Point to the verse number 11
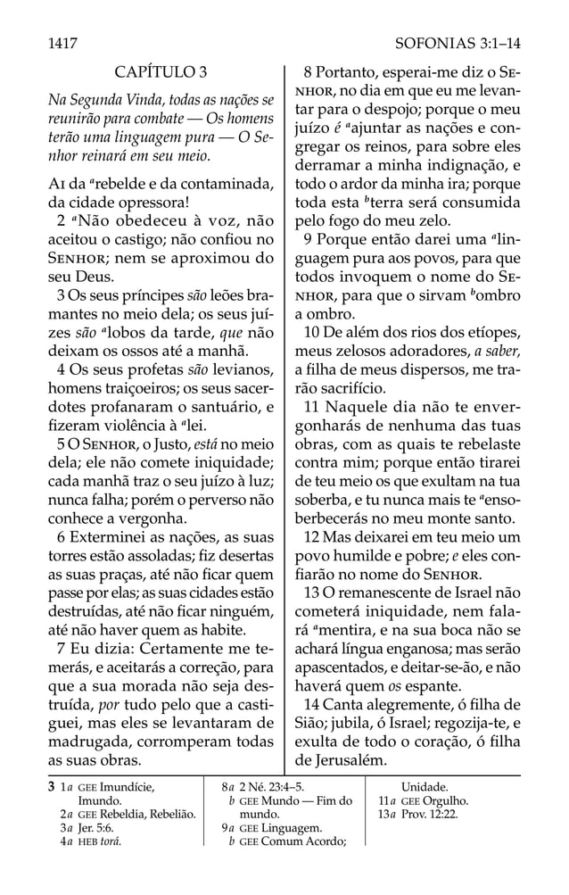[x=311, y=408]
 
